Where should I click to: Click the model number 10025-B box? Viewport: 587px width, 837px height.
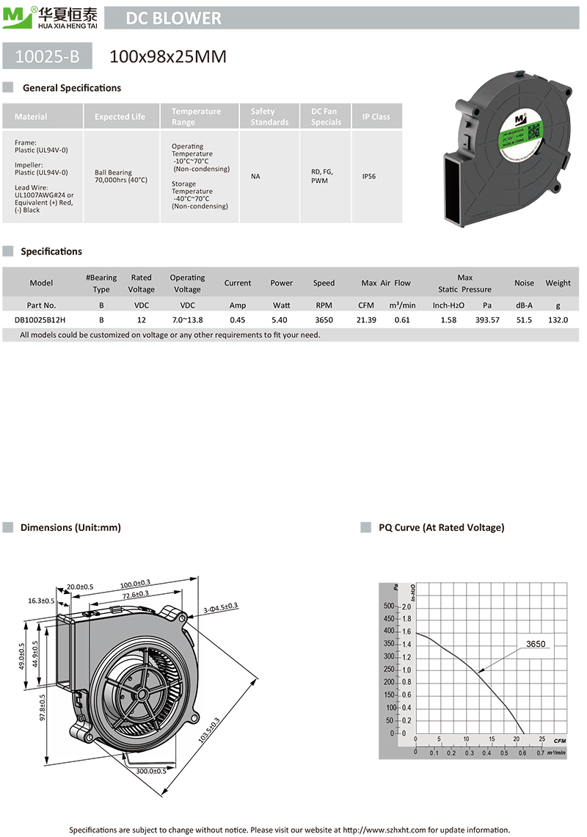coord(48,56)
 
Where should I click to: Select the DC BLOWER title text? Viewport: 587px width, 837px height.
coord(174,18)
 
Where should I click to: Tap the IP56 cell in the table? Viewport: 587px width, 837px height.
coord(371,177)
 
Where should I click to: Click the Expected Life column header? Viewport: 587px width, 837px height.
coord(120,117)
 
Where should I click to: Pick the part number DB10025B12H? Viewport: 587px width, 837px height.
coord(40,320)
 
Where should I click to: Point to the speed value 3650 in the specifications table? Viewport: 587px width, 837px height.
coord(324,320)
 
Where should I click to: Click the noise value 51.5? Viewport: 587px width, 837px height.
coord(524,320)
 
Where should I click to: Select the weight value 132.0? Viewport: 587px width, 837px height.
coord(558,320)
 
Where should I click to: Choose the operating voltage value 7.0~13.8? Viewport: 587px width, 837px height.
coord(187,320)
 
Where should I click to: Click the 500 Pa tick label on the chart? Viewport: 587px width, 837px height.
coord(388,606)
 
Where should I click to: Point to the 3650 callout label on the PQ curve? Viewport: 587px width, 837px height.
coord(536,644)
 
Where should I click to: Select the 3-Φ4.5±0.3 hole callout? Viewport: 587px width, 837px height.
coord(220,607)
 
